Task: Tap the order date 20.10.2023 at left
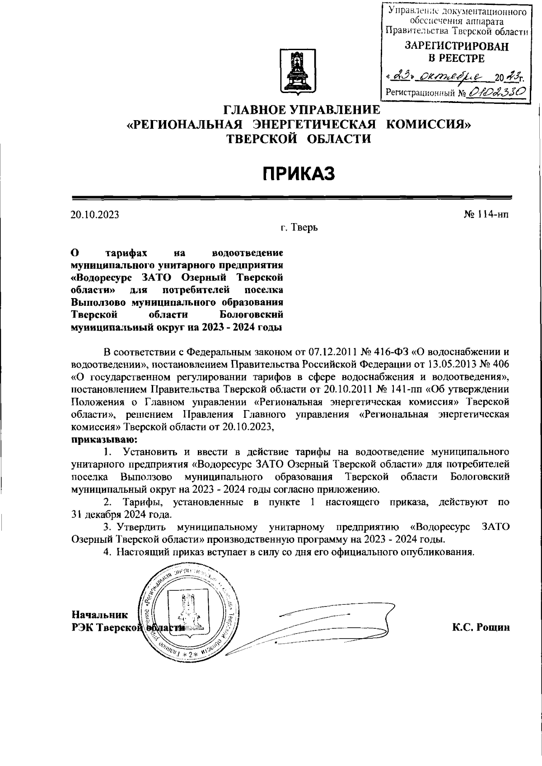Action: [94, 215]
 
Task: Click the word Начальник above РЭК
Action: [99, 614]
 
